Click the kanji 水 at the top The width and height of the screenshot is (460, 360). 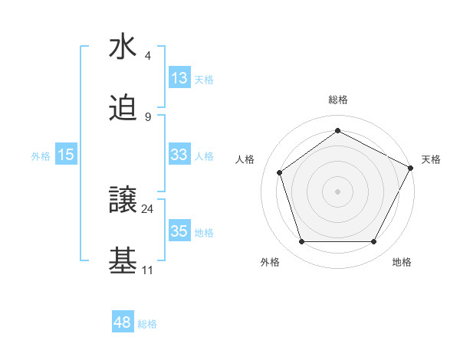pos(123,47)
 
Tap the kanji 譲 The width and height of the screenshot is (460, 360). pos(123,200)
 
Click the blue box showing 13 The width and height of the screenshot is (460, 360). pos(179,77)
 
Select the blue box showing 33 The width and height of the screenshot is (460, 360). pos(179,155)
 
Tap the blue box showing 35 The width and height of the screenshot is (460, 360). pos(179,231)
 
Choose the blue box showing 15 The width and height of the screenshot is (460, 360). pos(66,155)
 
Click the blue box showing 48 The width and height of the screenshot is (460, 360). pos(123,322)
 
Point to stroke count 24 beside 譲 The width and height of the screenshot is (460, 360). pos(148,208)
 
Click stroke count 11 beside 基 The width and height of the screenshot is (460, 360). pos(148,270)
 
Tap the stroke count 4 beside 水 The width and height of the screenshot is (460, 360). pos(148,55)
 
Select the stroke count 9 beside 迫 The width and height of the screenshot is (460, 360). pos(148,116)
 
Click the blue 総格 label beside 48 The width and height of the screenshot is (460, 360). pos(147,324)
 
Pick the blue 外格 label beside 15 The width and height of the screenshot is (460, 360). pos(41,155)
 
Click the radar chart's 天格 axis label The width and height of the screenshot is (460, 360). pos(431,159)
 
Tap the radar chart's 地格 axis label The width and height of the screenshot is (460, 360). pos(402,262)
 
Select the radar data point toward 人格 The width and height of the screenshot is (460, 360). pos(280,172)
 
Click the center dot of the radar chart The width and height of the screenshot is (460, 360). pos(337,191)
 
